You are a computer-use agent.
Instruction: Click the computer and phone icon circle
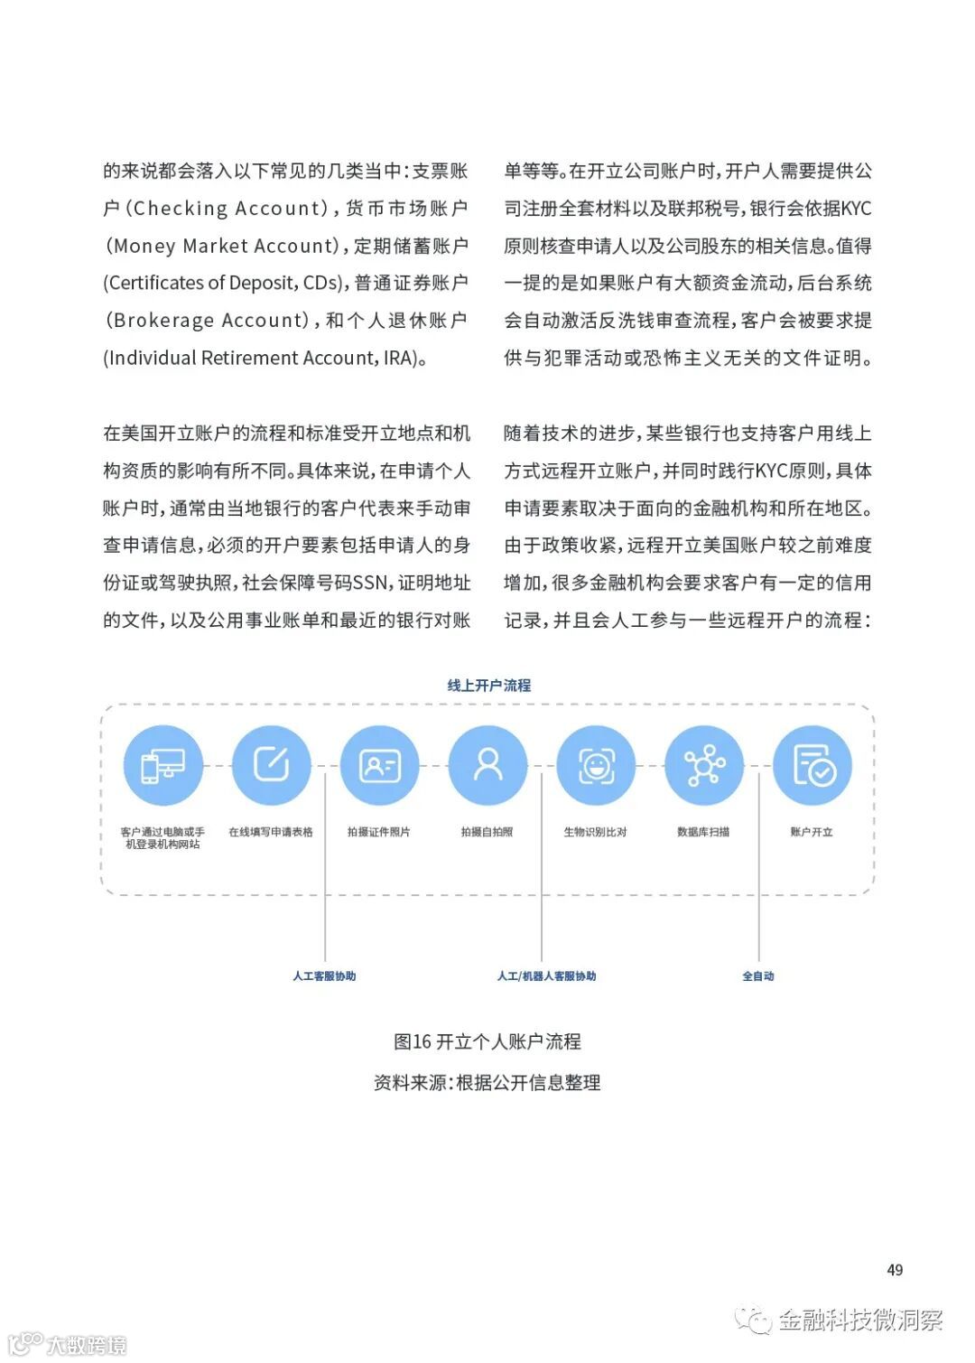click(163, 766)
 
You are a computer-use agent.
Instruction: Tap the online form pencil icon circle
click(271, 766)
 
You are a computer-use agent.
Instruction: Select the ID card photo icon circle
click(379, 766)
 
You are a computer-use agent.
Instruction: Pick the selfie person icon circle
click(487, 766)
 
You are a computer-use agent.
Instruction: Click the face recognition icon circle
click(596, 766)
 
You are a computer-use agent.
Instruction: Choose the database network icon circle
click(704, 766)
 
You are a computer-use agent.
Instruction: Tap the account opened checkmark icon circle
click(812, 766)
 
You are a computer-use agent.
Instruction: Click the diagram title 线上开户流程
click(488, 686)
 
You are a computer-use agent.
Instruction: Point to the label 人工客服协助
click(324, 976)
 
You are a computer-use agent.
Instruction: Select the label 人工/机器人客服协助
click(546, 976)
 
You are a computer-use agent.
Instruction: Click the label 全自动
click(758, 976)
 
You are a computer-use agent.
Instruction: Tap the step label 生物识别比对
click(595, 832)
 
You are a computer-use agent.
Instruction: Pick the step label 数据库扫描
click(703, 832)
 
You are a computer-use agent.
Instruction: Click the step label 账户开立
click(812, 832)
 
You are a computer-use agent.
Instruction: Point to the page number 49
click(895, 1270)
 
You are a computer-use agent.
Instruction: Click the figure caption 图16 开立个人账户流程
click(487, 1041)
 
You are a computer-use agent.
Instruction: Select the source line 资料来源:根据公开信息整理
click(487, 1082)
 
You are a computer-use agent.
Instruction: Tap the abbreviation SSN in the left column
click(370, 583)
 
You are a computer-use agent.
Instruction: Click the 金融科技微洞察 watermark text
click(859, 1321)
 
